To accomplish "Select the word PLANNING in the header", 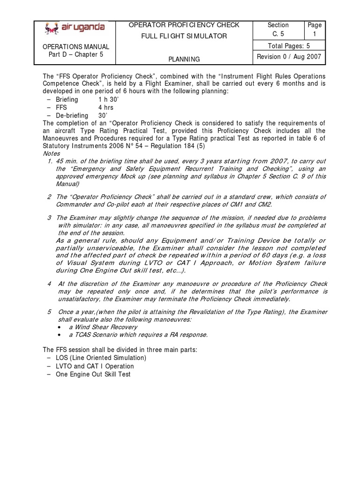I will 184,59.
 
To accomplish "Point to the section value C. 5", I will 278,34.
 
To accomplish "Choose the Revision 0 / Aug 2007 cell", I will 287,57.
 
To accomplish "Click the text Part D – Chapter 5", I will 75,55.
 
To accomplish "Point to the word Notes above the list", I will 51,153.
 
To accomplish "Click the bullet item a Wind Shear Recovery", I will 99,327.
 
